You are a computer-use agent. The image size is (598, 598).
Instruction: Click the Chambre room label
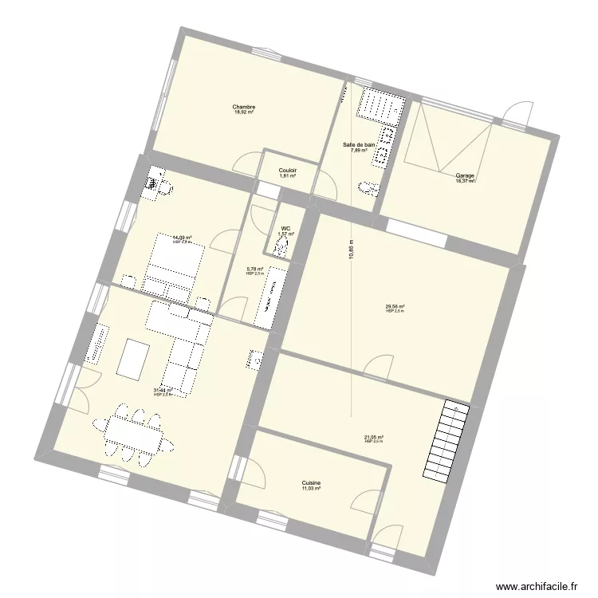click(x=244, y=107)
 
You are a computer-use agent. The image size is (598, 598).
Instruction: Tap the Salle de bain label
click(x=355, y=144)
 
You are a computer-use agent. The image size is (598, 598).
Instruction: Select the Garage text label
click(x=465, y=175)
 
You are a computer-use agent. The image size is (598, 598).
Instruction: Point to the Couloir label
click(x=288, y=170)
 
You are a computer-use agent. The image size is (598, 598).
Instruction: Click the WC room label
click(x=285, y=228)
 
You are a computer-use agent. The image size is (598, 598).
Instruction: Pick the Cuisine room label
click(x=311, y=482)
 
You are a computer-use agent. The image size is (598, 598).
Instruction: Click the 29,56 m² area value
click(x=395, y=306)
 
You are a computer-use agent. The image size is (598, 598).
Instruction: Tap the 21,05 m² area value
click(x=374, y=436)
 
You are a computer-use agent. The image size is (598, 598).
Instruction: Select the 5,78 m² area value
click(x=255, y=269)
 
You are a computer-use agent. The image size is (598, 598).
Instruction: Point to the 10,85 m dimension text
click(x=351, y=250)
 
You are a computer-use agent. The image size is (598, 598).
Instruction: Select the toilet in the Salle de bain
click(x=368, y=188)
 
